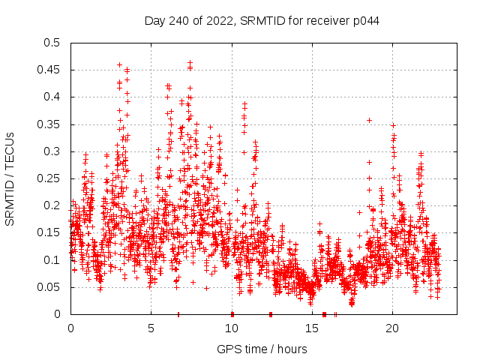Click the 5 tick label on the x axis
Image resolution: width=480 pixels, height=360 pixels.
pyautogui.click(x=151, y=328)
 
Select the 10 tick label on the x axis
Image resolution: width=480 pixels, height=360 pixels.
pyautogui.click(x=232, y=328)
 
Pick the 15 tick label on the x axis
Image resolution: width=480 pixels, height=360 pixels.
pyautogui.click(x=312, y=328)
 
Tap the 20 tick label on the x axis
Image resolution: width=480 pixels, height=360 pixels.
pyautogui.click(x=392, y=328)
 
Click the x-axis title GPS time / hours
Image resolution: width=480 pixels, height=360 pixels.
pyautogui.click(x=262, y=349)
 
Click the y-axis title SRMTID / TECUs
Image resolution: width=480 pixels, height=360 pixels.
pyautogui.click(x=10, y=178)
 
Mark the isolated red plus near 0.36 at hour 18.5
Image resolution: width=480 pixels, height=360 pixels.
pyautogui.click(x=369, y=120)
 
